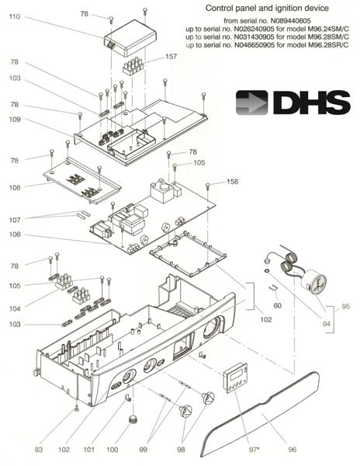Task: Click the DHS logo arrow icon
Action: tap(251, 103)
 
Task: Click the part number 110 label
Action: tap(15, 16)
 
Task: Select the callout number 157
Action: tap(171, 56)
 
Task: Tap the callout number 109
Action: tap(15, 120)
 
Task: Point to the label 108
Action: tap(15, 187)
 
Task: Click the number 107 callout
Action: tap(15, 220)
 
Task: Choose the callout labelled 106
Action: tap(15, 235)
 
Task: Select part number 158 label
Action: tap(232, 182)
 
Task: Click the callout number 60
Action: tap(277, 305)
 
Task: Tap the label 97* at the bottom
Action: tap(254, 450)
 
